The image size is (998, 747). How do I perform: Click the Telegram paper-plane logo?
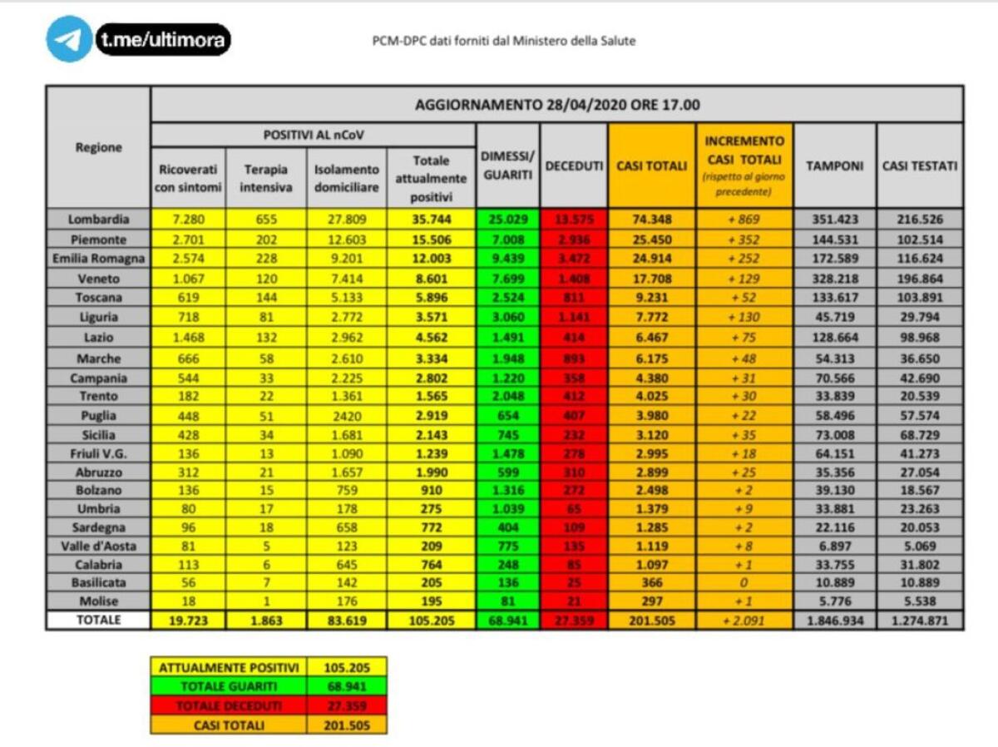[x=69, y=39]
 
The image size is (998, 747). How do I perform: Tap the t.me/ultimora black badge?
[x=163, y=39]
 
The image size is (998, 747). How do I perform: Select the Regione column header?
[x=98, y=147]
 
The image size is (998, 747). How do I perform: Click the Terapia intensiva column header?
[x=266, y=178]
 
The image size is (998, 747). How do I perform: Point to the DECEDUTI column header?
[x=574, y=166]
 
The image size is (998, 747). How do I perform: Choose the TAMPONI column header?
[x=834, y=166]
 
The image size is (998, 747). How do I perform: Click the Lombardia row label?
[x=98, y=219]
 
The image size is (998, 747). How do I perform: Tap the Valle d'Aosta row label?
[x=98, y=546]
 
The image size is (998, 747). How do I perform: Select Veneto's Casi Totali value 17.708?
[x=651, y=279]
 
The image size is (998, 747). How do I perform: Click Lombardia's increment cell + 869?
[x=744, y=220]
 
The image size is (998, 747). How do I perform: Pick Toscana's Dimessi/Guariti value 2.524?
[x=507, y=298]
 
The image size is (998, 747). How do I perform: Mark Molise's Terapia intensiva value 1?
[x=266, y=601]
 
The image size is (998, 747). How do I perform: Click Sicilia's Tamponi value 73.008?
[x=834, y=435]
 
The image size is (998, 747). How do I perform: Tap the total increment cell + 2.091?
[x=744, y=621]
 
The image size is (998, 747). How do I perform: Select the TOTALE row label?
[x=98, y=620]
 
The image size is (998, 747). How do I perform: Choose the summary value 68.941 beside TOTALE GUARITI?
[x=346, y=686]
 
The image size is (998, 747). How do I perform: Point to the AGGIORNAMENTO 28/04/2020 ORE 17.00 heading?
[x=556, y=105]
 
